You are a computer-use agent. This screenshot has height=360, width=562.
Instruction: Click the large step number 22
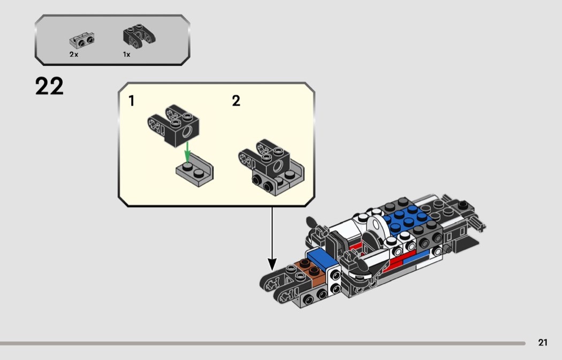(49, 86)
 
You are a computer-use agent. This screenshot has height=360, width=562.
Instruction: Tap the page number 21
(543, 342)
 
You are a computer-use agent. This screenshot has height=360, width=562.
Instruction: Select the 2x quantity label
(74, 55)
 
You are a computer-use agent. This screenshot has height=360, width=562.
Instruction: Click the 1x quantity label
(126, 55)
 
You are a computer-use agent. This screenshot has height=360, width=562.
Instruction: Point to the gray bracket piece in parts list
(82, 40)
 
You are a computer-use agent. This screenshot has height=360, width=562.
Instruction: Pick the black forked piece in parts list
(139, 36)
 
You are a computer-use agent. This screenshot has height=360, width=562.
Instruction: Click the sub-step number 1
(132, 101)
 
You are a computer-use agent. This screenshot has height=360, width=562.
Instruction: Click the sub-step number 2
(236, 101)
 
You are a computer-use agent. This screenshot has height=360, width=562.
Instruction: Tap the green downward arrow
(187, 152)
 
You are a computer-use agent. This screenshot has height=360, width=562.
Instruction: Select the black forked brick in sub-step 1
(173, 125)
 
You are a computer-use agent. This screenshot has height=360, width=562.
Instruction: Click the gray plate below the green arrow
(195, 170)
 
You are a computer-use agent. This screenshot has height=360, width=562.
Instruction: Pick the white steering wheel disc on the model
(376, 226)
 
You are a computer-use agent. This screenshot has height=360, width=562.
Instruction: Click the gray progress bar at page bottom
(263, 343)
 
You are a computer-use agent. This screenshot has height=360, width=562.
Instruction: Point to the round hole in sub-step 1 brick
(187, 132)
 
